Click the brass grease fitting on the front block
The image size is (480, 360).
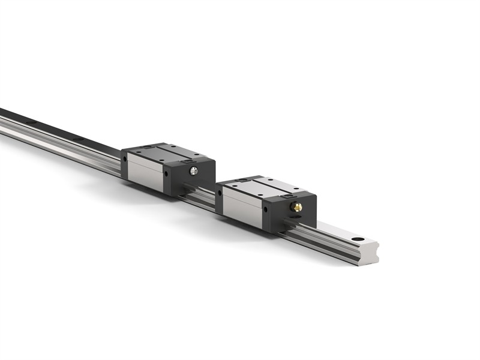[x=296, y=207]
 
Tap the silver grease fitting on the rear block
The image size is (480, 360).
[x=193, y=171]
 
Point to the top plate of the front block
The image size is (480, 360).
[x=264, y=187]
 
